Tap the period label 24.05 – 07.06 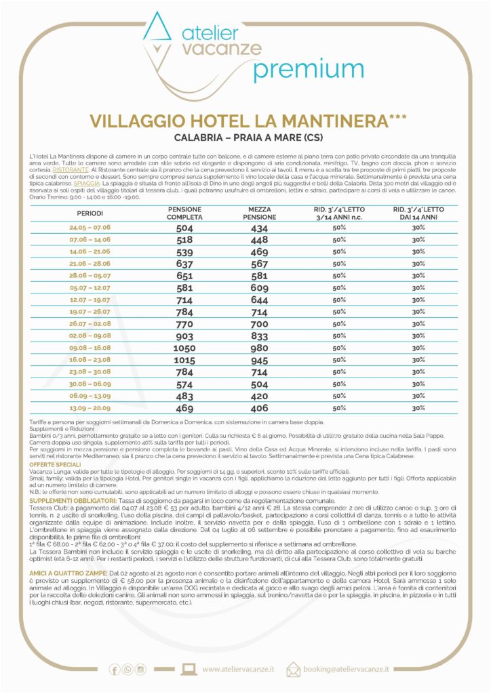(90, 228)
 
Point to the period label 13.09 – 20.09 (90, 408)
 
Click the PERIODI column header (90, 213)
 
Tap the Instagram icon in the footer (141, 670)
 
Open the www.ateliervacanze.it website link (238, 670)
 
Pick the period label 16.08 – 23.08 (90, 360)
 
